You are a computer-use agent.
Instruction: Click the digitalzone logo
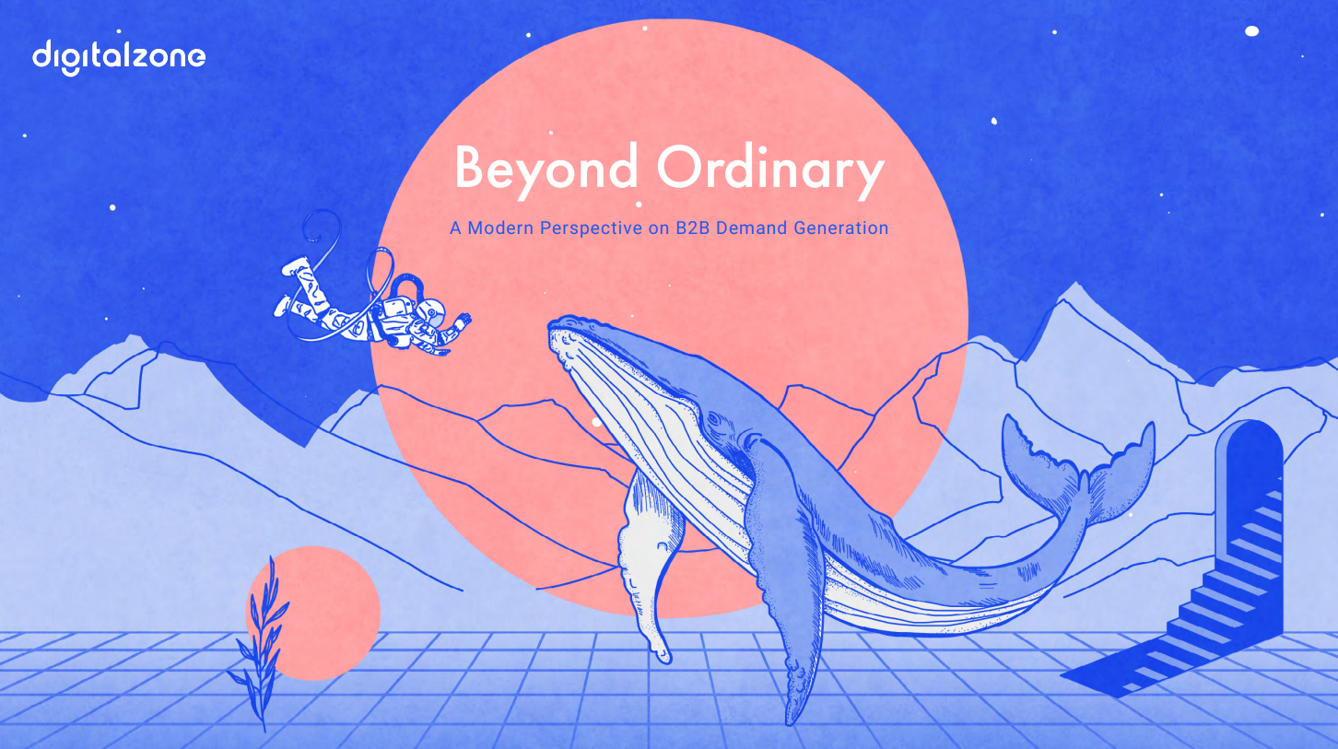(119, 56)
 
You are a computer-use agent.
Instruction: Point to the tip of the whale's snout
(556, 327)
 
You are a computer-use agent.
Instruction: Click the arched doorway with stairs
(1249, 516)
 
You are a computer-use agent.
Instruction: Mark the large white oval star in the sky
(1251, 31)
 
